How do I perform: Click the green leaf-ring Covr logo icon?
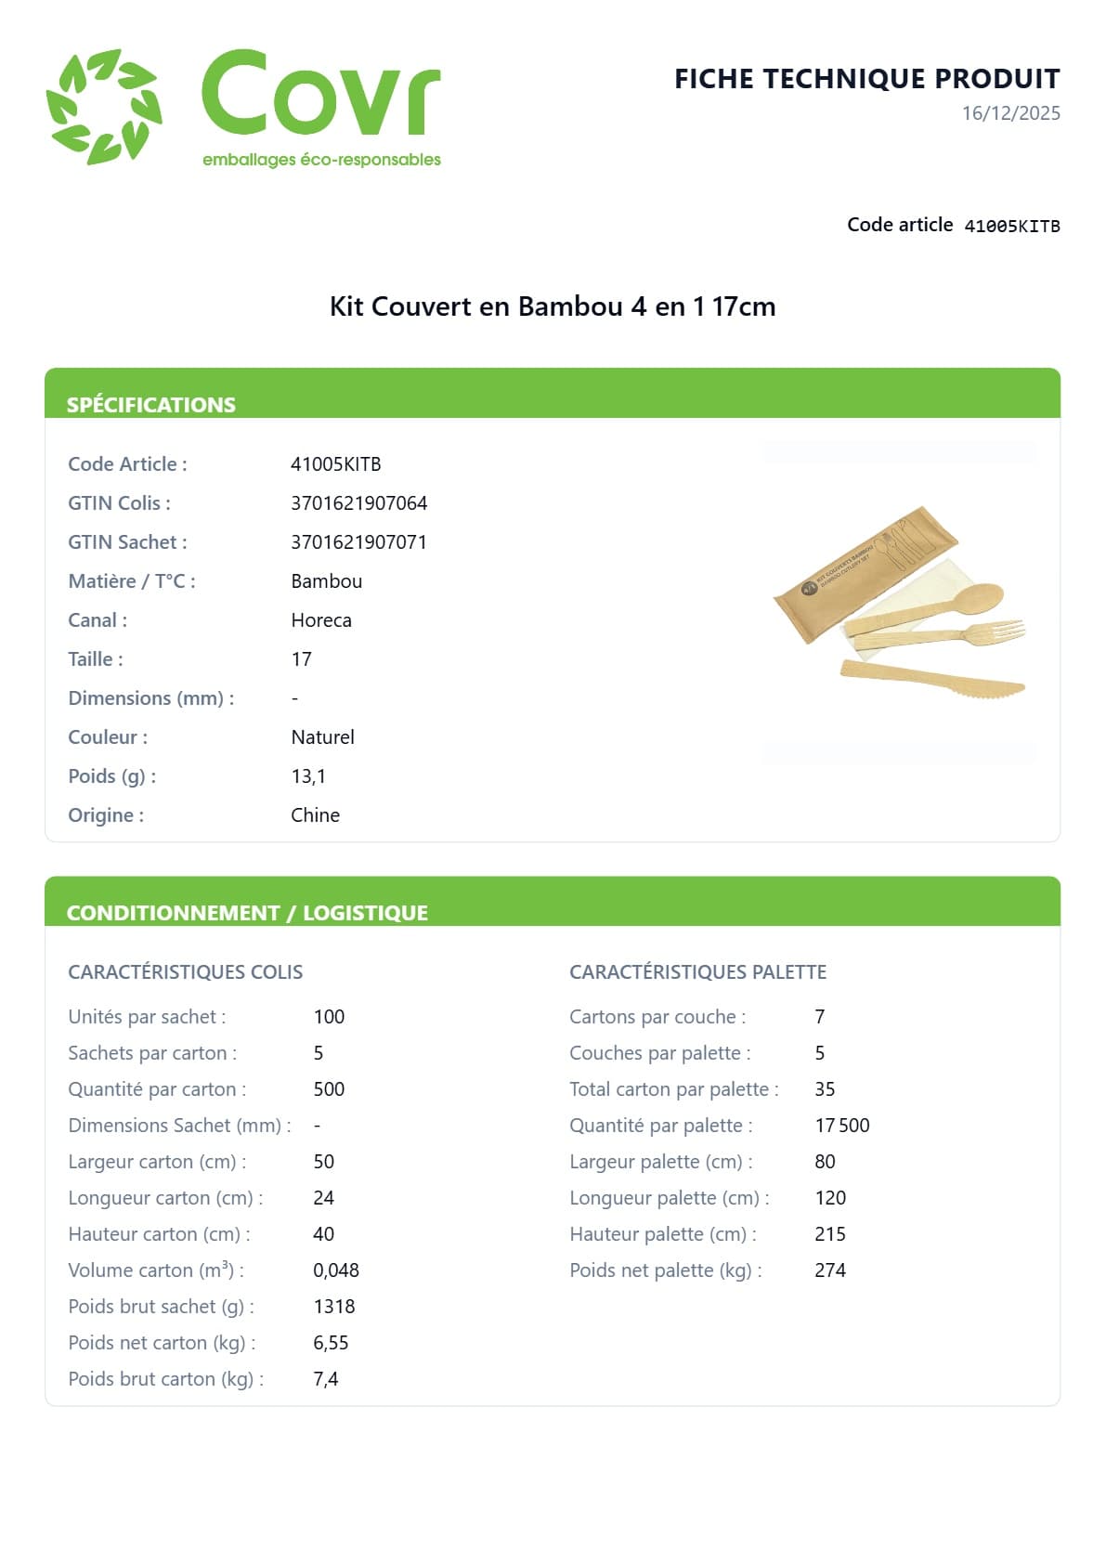104,107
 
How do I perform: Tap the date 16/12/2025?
1010,113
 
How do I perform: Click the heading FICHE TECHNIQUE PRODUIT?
866,79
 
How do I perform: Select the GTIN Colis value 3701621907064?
358,503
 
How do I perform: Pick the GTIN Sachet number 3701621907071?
358,542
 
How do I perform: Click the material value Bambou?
326,581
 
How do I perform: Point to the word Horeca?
320,620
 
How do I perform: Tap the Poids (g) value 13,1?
307,776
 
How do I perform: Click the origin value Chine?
315,815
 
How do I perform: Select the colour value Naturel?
322,737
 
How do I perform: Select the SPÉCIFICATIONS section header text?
150,405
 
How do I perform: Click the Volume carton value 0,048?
335,1270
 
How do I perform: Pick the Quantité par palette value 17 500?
841,1126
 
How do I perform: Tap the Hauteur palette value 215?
829,1234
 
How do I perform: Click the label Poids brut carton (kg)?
165,1379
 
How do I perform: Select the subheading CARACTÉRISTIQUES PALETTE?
697,972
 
